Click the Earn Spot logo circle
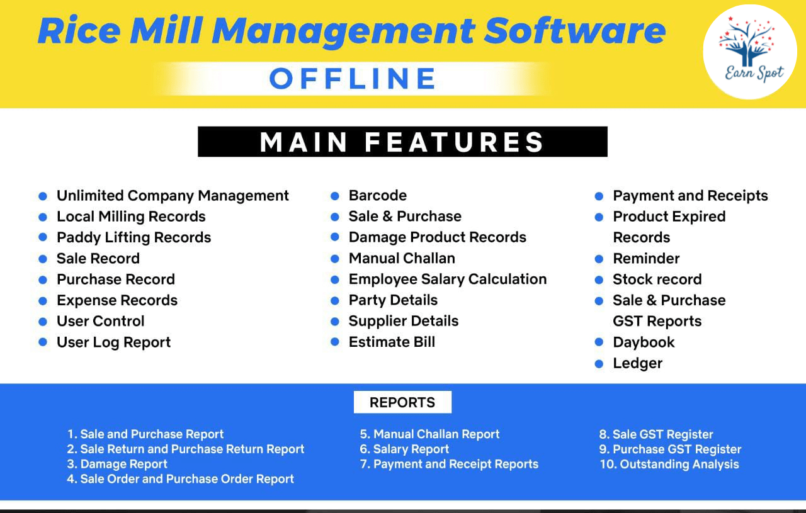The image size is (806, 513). pos(750,52)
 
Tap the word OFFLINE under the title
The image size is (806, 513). pos(353,79)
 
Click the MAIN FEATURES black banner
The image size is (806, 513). pos(402,142)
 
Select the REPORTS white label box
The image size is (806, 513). pos(402,402)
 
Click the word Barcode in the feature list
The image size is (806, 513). pos(377,196)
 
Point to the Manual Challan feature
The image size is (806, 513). pos(402,258)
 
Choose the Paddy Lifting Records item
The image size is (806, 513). pos(134,237)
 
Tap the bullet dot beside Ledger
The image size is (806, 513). pos(599,364)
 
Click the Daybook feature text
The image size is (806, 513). pos(644,342)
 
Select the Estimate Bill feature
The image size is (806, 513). pos(392,342)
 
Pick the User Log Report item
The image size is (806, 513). pos(114,342)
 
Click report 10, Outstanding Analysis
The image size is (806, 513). pos(669,464)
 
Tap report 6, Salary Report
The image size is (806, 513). pos(404,449)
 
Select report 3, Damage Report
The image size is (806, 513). pos(117,464)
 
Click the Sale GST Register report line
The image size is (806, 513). pos(656,434)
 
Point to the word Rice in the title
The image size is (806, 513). pos(79,30)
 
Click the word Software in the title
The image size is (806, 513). pos(575,30)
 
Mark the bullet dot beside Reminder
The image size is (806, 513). pos(599,259)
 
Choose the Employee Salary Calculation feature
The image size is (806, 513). pos(448,279)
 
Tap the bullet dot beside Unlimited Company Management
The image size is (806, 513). pos(43,196)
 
